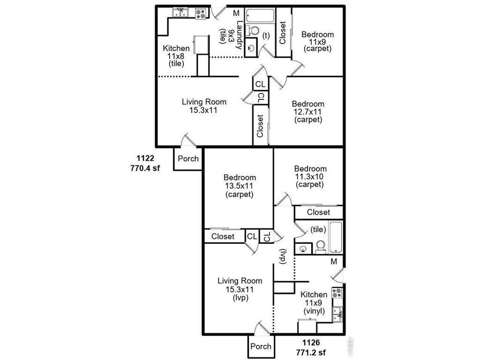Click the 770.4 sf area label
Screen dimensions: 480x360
tap(145, 168)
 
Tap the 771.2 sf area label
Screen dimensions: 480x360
tap(311, 352)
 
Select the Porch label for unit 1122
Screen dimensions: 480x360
tap(188, 158)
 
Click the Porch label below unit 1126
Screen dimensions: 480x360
tap(261, 346)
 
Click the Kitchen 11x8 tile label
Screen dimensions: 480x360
tap(176, 56)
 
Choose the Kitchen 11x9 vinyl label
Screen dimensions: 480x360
tap(314, 303)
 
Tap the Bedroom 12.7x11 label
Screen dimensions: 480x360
tap(308, 112)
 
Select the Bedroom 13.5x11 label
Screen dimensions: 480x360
tap(240, 186)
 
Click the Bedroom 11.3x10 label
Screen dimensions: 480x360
tap(310, 177)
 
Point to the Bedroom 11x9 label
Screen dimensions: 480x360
tap(317, 41)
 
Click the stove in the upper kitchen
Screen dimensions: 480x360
tap(201, 14)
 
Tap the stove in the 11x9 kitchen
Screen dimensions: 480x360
tap(337, 293)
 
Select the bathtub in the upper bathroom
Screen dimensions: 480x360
tap(260, 15)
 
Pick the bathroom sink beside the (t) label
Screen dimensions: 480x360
tap(251, 47)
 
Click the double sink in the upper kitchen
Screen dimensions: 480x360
tap(180, 13)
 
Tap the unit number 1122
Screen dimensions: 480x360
tap(145, 158)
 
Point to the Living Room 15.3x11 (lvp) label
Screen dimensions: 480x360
tap(240, 289)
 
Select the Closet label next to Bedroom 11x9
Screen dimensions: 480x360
tap(283, 32)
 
